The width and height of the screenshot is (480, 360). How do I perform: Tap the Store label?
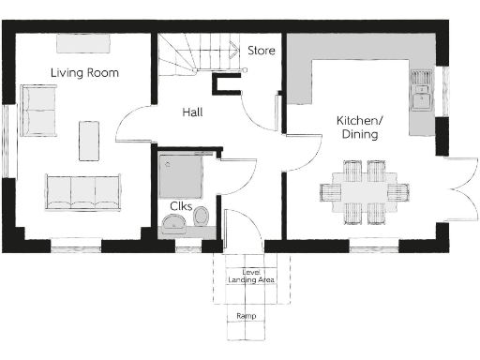click(x=262, y=51)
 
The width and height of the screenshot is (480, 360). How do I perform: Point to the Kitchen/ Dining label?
click(x=359, y=127)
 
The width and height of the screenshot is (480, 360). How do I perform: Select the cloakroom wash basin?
click(x=172, y=223)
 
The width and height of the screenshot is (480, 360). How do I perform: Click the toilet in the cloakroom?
click(x=200, y=218)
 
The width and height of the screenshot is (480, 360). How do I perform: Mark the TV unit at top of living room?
click(x=83, y=43)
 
